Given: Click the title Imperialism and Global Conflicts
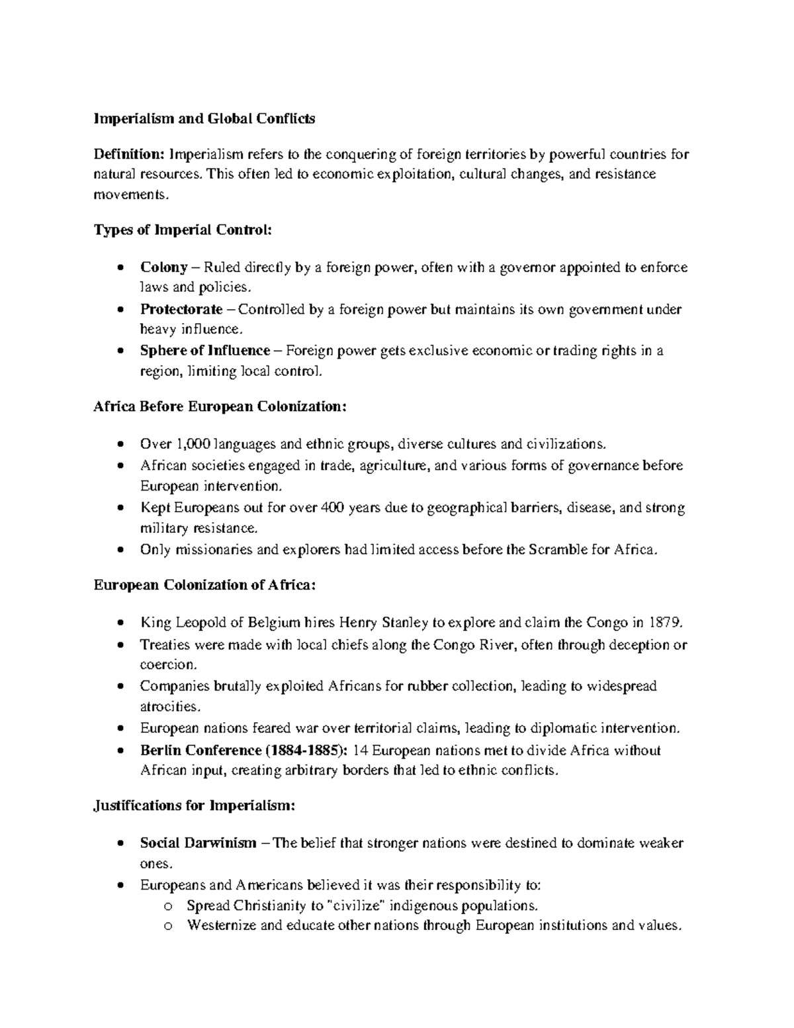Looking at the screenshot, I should pyautogui.click(x=204, y=119).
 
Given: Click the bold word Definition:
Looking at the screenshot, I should pyautogui.click(x=128, y=155).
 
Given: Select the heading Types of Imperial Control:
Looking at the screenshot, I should pyautogui.click(x=183, y=230).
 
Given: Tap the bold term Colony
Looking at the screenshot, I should pyautogui.click(x=163, y=267).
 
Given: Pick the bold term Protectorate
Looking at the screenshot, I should pyautogui.click(x=181, y=309).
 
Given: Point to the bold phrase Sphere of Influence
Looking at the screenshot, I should pyautogui.click(x=205, y=351).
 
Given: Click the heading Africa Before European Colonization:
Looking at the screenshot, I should pyautogui.click(x=220, y=406).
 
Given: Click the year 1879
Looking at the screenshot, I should pyautogui.click(x=662, y=623).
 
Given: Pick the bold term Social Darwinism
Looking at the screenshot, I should pyautogui.click(x=198, y=843).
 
